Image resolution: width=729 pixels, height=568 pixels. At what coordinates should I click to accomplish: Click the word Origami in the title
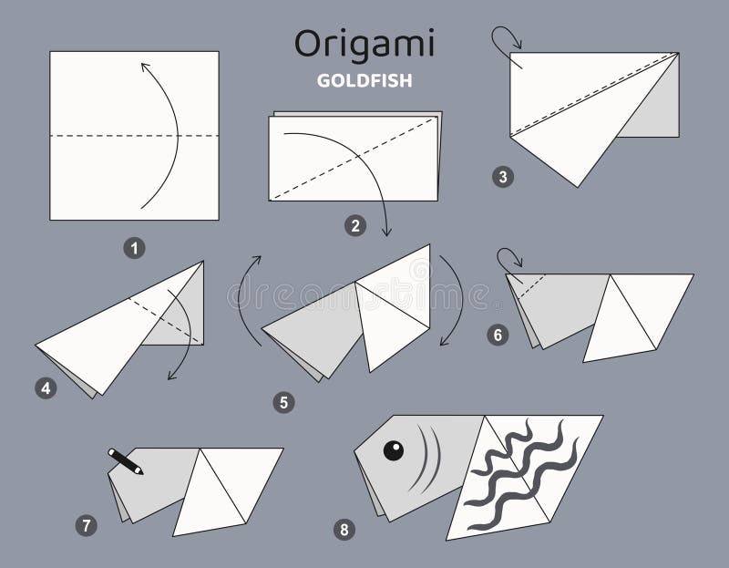tap(364, 43)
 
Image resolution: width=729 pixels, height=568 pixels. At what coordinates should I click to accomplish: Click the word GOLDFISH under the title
tap(364, 80)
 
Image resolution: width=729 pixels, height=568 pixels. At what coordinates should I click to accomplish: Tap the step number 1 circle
tap(135, 246)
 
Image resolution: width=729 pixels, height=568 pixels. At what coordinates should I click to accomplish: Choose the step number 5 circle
tap(284, 401)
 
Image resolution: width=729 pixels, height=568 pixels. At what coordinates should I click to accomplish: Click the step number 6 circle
tap(498, 335)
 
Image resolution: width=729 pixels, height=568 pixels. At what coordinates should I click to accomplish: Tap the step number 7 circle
tap(85, 524)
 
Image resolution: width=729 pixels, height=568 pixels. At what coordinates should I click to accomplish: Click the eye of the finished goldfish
tap(394, 449)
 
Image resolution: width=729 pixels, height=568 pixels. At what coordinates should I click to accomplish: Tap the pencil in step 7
tap(126, 461)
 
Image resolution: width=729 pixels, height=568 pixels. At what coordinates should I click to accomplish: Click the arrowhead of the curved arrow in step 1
tap(143, 65)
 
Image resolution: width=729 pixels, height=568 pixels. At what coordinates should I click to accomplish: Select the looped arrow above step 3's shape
tap(504, 38)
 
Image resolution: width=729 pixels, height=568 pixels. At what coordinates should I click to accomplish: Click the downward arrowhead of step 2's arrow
tap(386, 232)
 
